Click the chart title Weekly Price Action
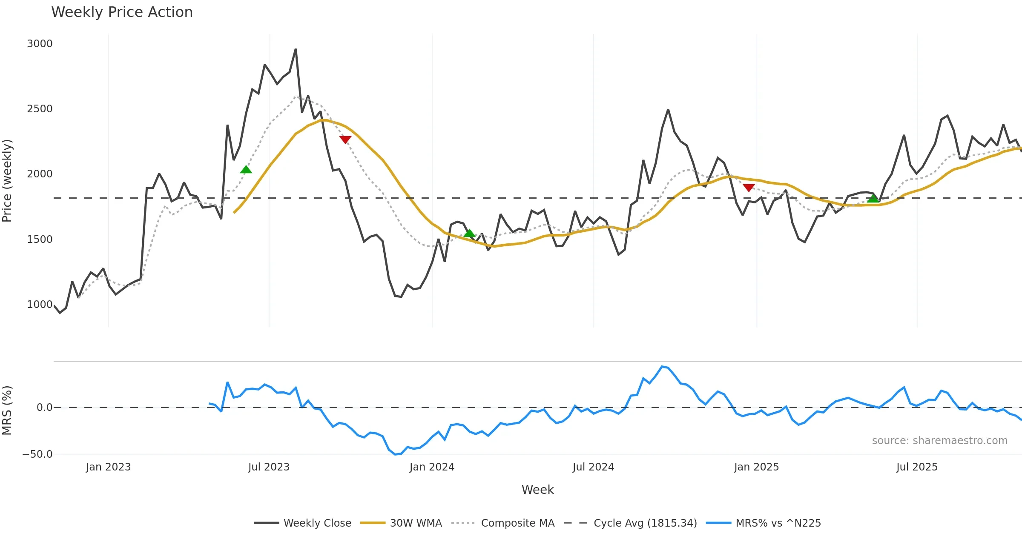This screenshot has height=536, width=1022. pyautogui.click(x=122, y=12)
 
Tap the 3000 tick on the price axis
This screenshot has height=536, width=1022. pyautogui.click(x=40, y=44)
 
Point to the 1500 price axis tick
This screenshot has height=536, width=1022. pyautogui.click(x=40, y=239)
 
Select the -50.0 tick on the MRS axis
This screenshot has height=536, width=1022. pyautogui.click(x=37, y=454)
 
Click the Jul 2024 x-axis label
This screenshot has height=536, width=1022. pyautogui.click(x=593, y=467)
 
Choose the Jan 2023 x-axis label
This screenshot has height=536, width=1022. pyautogui.click(x=108, y=467)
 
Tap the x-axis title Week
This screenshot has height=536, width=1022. pyautogui.click(x=537, y=490)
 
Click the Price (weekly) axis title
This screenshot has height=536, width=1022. pyautogui.click(x=7, y=181)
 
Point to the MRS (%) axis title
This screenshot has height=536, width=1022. pyautogui.click(x=7, y=411)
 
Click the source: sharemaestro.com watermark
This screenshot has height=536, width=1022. pyautogui.click(x=939, y=441)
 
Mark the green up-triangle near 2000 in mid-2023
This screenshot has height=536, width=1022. pyautogui.click(x=246, y=170)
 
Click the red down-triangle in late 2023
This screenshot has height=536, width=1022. pyautogui.click(x=345, y=140)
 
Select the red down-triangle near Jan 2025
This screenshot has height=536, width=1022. pyautogui.click(x=749, y=188)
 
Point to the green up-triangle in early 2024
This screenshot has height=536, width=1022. pyautogui.click(x=469, y=233)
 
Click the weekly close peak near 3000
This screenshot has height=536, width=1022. pyautogui.click(x=296, y=49)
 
